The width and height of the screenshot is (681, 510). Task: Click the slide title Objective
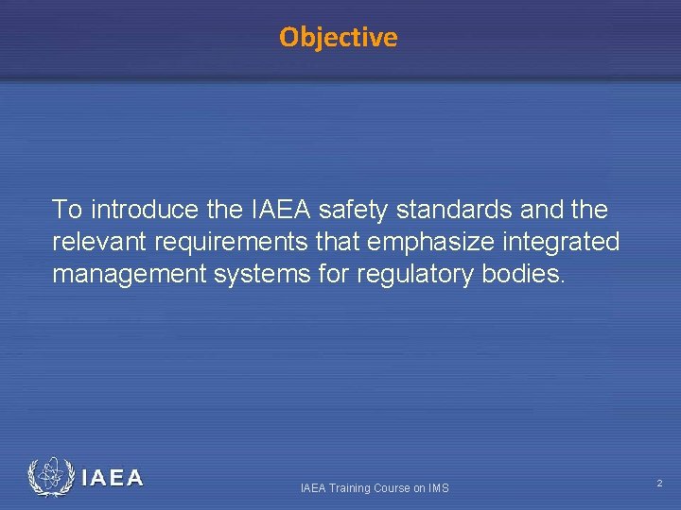coord(339,38)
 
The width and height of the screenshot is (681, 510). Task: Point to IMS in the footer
coord(438,488)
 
